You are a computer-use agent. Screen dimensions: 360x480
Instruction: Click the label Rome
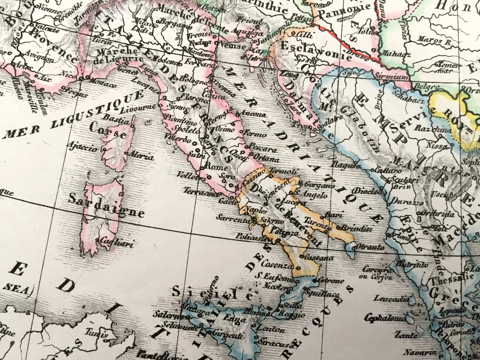[214, 167]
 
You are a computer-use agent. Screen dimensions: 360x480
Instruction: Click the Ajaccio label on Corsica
[83, 147]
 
